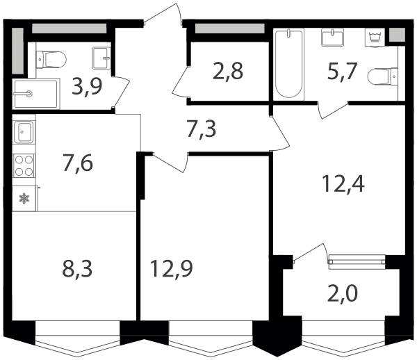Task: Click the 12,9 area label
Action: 171,268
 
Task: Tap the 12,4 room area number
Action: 343,183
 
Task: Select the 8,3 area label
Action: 77,268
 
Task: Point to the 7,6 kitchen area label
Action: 78,163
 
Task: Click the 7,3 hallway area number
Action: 202,129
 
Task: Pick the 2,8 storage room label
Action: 228,72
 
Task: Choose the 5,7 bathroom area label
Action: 341,72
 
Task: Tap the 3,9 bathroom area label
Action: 87,87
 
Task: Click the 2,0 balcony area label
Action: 343,293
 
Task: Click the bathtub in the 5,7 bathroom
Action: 289,64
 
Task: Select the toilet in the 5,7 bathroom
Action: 383,76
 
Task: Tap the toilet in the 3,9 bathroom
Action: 51,59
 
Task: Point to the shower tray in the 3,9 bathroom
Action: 36,94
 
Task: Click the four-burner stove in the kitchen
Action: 24,165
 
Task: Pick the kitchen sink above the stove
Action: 24,132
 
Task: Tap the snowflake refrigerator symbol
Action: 24,199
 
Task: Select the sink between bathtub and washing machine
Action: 332,38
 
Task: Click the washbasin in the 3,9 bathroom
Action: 101,58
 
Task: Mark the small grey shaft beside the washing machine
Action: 397,35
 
